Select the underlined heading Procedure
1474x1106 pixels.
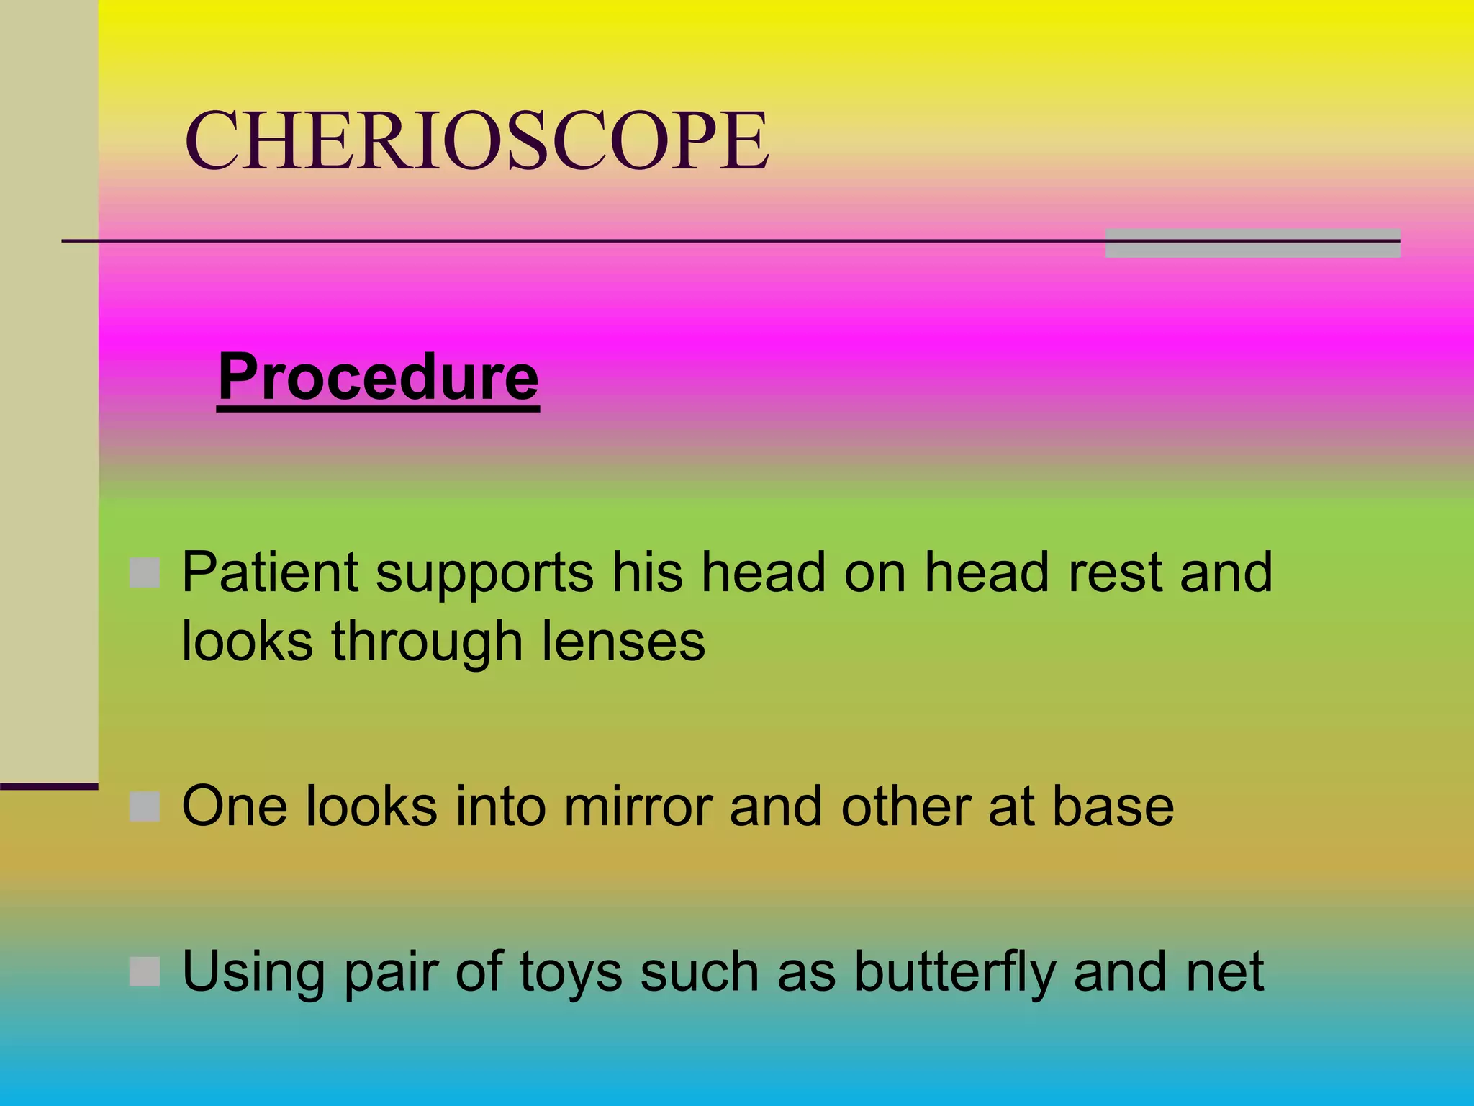click(378, 377)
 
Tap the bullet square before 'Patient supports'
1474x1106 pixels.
click(145, 573)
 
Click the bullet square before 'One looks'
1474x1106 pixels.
click(145, 806)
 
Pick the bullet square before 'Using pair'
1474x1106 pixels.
click(145, 971)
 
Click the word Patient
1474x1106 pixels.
click(270, 573)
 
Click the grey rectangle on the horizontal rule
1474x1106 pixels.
click(1252, 243)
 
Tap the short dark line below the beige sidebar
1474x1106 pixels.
click(49, 786)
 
